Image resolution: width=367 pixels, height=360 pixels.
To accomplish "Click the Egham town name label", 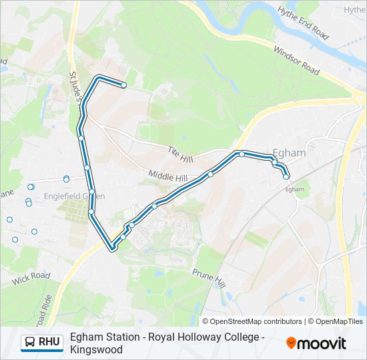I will (x=290, y=153).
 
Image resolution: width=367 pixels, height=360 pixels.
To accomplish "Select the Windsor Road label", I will (x=296, y=59).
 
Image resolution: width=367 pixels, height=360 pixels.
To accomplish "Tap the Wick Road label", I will (x=31, y=276).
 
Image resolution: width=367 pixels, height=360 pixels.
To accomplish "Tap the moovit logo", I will (x=316, y=343).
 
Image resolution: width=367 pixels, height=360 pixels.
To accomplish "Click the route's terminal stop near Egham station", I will (x=286, y=177).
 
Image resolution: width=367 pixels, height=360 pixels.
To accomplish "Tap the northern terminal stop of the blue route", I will (x=123, y=85).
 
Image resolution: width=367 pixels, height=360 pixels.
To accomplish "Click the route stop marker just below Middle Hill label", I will (x=210, y=175).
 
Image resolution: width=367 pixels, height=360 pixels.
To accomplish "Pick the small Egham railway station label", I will (x=294, y=189).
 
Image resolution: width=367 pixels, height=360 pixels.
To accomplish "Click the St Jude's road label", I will (x=77, y=86).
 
